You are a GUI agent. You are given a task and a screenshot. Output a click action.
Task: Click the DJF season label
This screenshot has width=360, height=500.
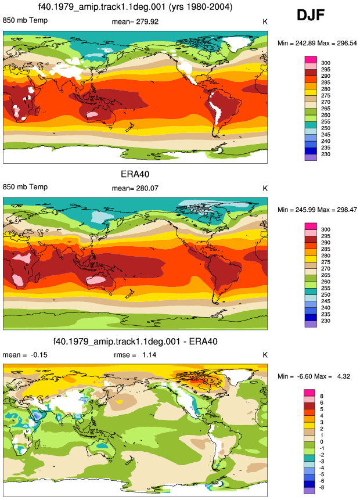pos(311,15)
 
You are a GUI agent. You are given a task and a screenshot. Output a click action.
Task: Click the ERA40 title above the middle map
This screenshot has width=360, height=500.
pos(135,174)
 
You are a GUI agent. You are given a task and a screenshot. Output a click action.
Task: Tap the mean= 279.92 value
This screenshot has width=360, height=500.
pos(135,21)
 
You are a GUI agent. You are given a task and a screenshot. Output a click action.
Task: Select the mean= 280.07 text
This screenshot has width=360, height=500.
pos(135,188)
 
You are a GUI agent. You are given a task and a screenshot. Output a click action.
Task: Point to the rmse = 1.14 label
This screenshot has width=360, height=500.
pos(135,355)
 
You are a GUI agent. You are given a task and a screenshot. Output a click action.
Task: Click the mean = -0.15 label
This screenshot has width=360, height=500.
pos(25,355)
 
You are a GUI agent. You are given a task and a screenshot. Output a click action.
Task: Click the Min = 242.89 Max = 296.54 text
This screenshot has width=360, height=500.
pos(317,43)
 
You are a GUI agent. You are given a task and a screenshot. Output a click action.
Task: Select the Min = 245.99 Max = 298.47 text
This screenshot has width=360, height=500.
pos(317,210)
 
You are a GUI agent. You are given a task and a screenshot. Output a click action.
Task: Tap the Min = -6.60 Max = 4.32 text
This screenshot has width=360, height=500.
pos(314,376)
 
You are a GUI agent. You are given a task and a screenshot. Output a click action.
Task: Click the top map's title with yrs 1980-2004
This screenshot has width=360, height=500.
pos(135,7)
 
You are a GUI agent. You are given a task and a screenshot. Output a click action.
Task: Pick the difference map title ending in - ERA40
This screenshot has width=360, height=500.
pos(135,341)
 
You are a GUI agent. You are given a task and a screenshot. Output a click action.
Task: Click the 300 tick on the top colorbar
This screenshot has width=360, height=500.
pos(326,63)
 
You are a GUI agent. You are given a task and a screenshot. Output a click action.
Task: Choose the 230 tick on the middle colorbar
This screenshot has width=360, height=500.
pos(326,321)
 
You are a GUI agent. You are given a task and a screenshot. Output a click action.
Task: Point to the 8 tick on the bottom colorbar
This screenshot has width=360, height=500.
pos(322,396)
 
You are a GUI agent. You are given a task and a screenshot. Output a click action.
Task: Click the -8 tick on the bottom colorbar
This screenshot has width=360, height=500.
pos(322,487)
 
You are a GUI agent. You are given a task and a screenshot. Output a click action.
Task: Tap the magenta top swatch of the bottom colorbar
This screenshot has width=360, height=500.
pos(309,393)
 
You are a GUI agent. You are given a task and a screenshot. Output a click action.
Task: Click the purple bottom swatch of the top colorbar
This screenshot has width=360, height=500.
pos(311,157)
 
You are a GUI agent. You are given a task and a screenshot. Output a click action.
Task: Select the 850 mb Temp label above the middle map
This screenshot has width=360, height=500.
pos(25,187)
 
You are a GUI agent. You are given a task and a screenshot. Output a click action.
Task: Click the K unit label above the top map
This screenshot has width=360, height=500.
pos(265,21)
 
